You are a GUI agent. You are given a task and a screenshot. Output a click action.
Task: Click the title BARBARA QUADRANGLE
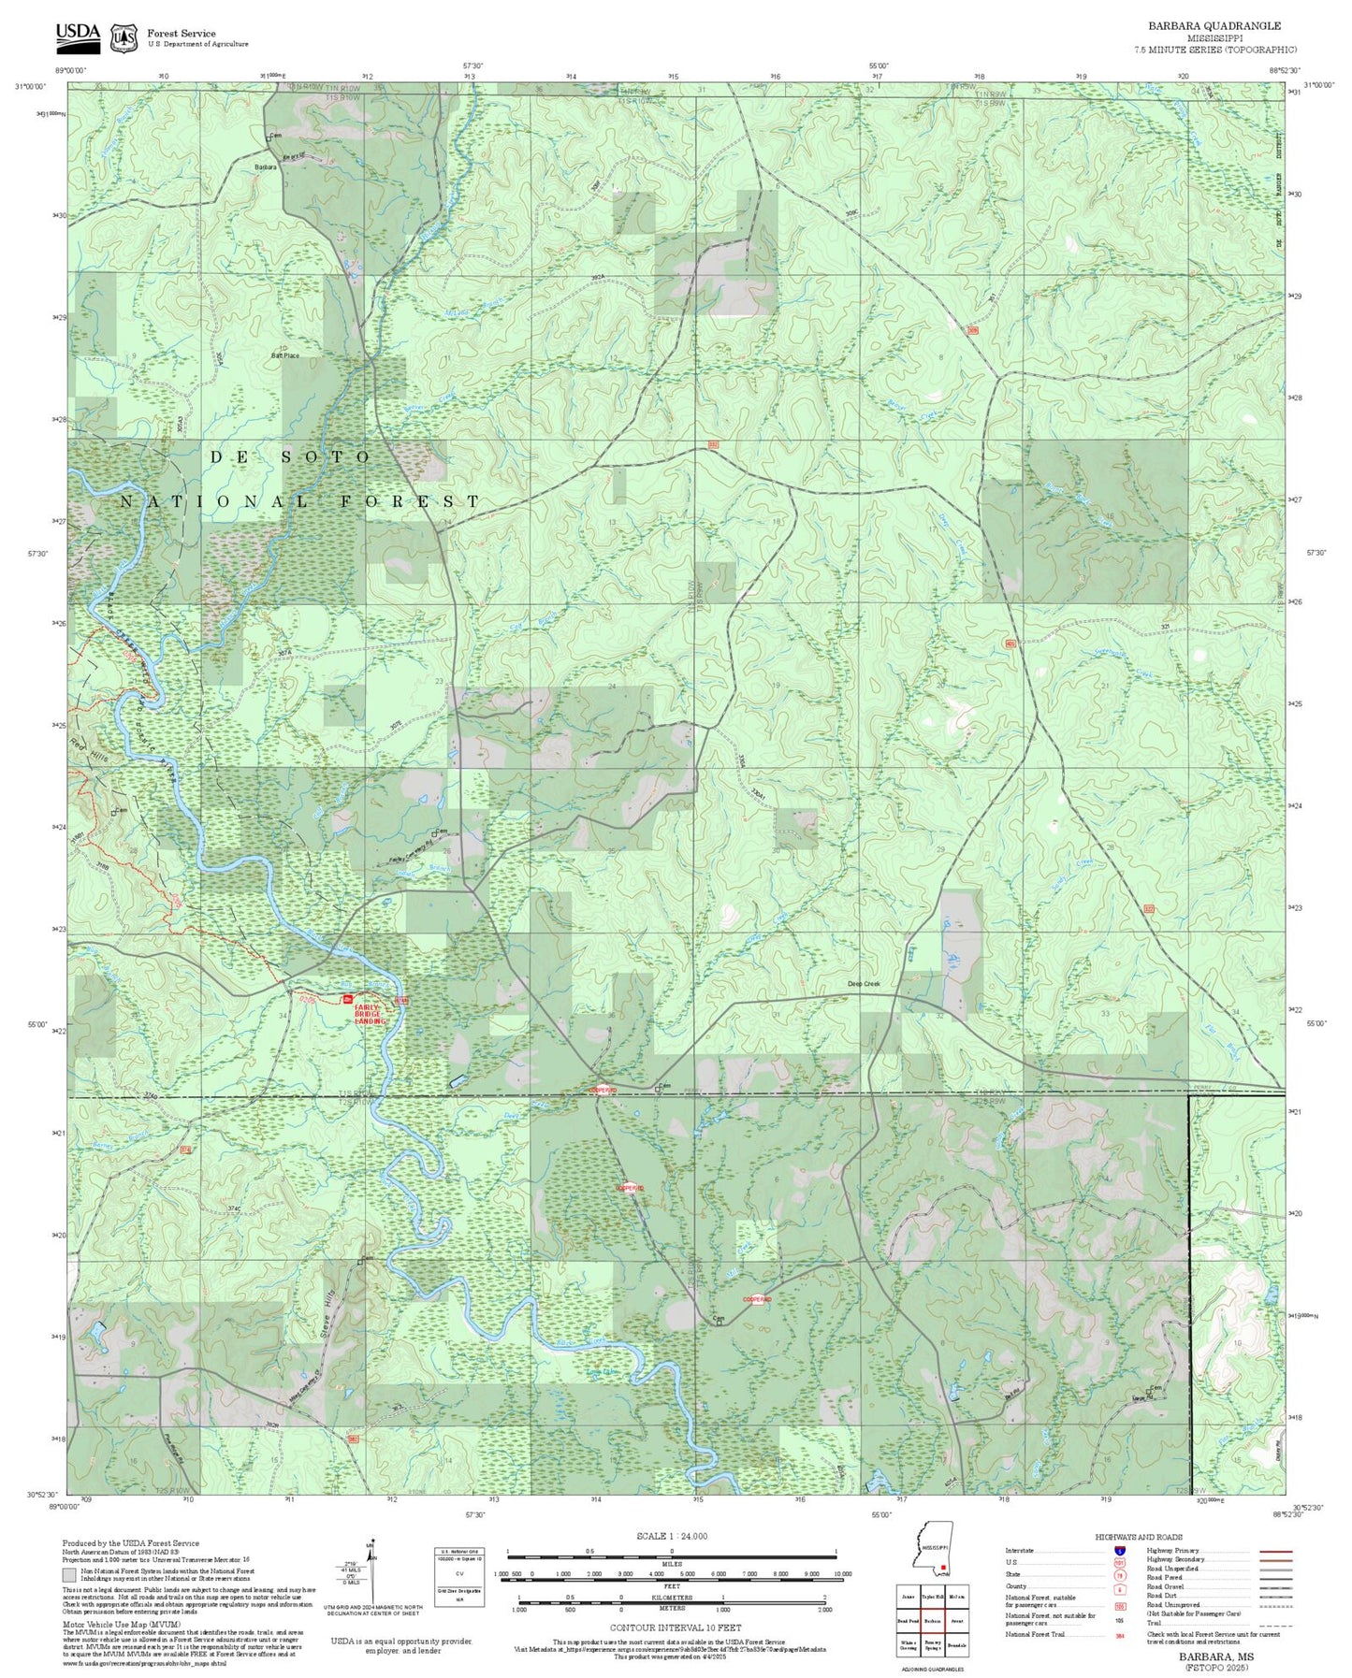[x=1214, y=26]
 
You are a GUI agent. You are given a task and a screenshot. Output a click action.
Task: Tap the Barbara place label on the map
[x=266, y=167]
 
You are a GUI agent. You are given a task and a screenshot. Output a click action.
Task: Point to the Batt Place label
[x=284, y=355]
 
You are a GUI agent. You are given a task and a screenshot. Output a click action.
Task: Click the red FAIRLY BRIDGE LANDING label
[x=370, y=1013]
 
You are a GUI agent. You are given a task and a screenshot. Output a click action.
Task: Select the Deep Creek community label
[x=864, y=983]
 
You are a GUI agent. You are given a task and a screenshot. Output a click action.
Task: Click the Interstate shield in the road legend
[x=1119, y=1550]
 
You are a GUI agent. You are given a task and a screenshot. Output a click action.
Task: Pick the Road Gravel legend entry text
[x=1168, y=1587]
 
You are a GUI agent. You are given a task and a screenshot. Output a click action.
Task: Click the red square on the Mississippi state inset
[x=943, y=1568]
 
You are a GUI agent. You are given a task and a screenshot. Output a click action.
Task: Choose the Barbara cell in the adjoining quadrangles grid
[x=932, y=1620]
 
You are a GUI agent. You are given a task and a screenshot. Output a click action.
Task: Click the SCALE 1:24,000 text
[x=671, y=1536]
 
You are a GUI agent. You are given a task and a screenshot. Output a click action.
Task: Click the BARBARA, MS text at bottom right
[x=1214, y=1656]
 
